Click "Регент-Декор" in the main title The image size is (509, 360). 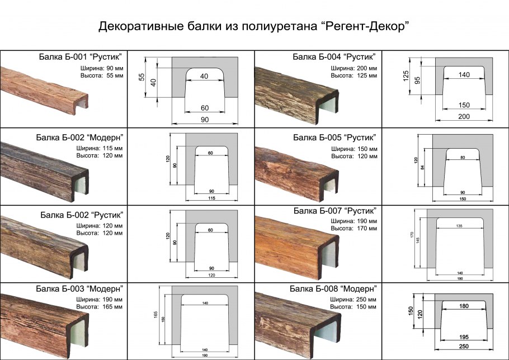[366, 27]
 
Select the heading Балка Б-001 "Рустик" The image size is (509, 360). [81, 57]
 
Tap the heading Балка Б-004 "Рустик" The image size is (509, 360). [334, 57]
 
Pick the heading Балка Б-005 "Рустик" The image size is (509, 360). [334, 137]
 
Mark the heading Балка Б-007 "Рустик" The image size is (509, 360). [334, 210]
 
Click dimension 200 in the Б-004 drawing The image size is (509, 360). [463, 116]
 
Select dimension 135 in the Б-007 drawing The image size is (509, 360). [460, 226]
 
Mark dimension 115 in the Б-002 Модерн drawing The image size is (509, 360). [211, 198]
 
